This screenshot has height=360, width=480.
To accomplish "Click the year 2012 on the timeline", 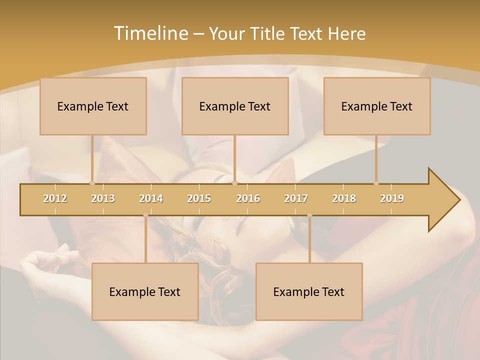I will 55,198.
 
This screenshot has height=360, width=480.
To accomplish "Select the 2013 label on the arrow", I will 103,198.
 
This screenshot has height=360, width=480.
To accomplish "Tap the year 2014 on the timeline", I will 151,198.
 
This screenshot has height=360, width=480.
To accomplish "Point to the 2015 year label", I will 199,198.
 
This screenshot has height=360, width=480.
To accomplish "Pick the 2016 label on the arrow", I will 248,198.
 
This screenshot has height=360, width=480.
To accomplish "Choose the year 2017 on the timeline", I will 296,198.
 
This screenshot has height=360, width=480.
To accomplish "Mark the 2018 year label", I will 344,198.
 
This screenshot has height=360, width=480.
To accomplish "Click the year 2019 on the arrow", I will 392,198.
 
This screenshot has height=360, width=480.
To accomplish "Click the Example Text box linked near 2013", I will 93,106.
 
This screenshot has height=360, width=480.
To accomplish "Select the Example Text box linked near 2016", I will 235,106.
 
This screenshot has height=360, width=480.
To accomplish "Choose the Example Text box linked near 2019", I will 377,106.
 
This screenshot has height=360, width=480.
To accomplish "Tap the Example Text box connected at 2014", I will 145,291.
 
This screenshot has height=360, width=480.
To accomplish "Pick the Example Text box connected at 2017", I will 309,291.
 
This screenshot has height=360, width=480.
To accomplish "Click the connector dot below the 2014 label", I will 145,215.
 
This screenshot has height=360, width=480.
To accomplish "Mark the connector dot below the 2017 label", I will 309,215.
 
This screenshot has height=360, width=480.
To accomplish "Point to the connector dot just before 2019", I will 376,183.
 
